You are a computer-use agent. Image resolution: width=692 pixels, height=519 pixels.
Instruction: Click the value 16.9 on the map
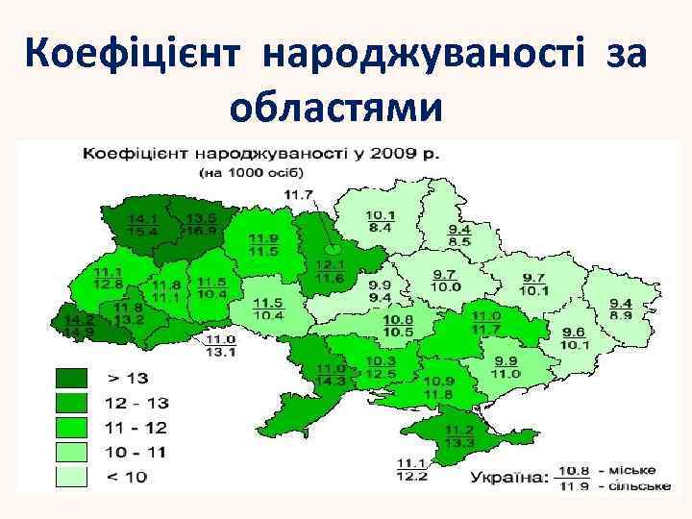201,231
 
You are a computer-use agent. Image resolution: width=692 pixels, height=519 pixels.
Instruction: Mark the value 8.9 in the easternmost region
620,314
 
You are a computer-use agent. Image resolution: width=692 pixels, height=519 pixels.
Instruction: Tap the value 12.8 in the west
108,284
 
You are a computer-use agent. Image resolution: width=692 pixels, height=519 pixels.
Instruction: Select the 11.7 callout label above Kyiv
299,195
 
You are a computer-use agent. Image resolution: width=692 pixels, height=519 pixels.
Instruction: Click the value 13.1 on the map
221,351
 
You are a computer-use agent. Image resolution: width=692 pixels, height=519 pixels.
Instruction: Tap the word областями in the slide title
338,108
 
